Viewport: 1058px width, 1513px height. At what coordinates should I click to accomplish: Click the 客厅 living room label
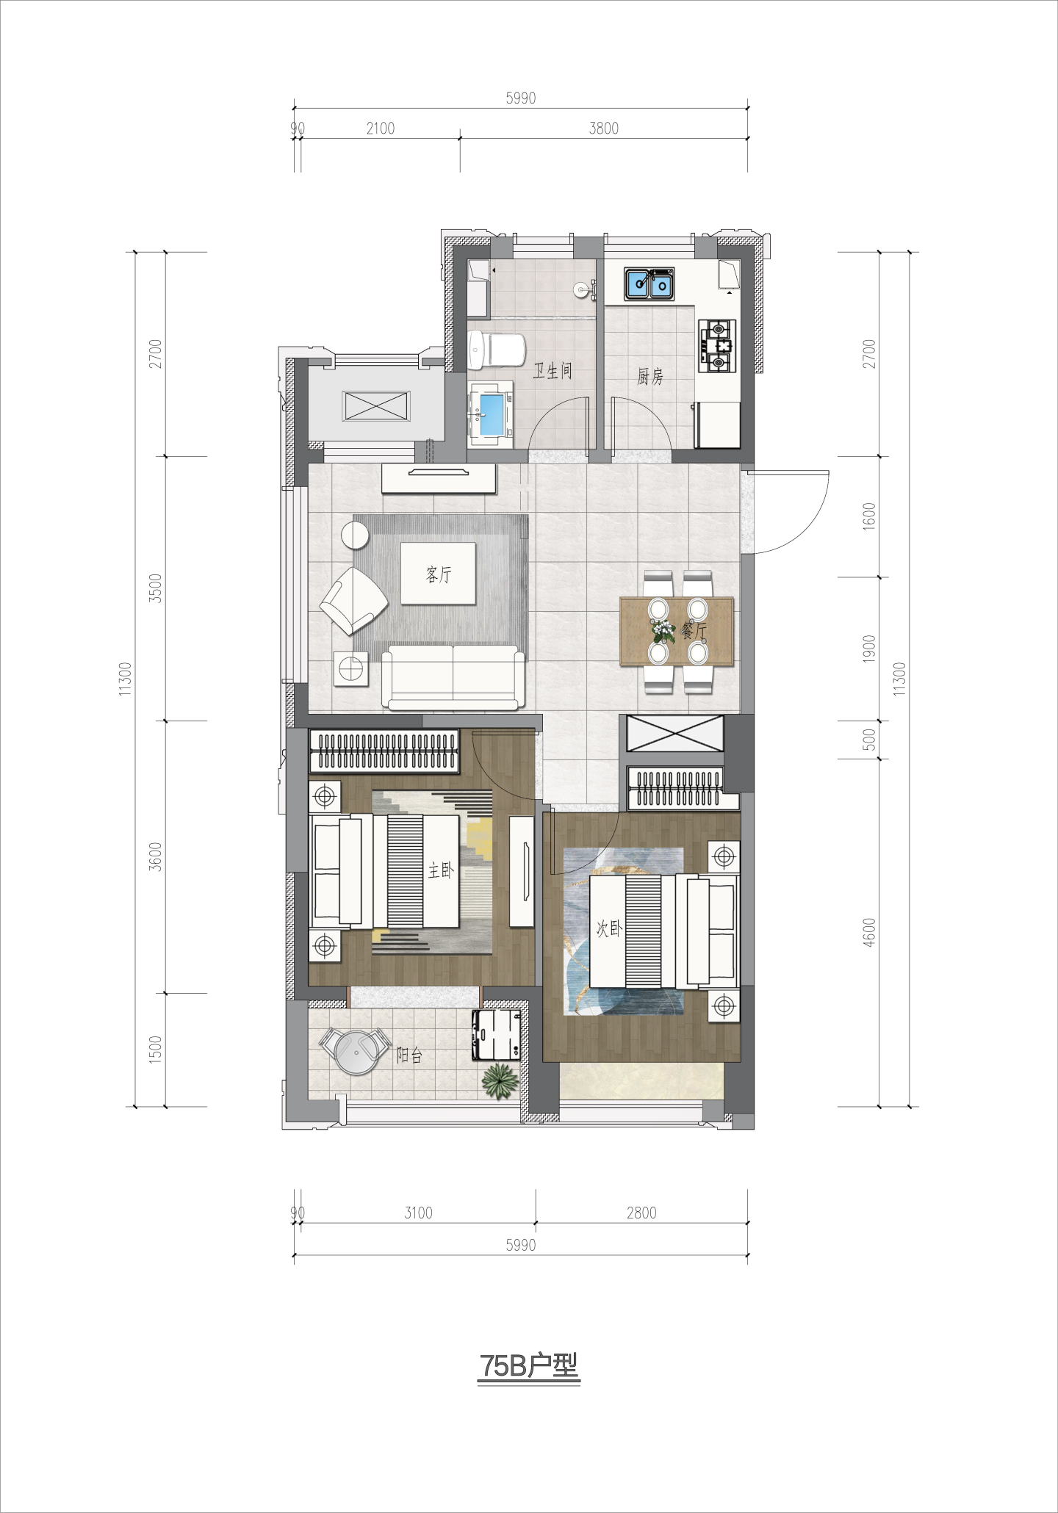point(439,574)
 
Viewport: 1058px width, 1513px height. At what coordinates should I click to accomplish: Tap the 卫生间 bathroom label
point(553,371)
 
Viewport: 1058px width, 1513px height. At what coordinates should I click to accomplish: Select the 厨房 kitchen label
point(650,377)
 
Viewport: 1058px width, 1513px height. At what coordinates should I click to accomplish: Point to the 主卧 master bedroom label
point(442,871)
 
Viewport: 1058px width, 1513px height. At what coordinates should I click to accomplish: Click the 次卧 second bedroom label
point(609,928)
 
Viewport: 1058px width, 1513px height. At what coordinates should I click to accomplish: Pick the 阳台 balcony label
point(409,1055)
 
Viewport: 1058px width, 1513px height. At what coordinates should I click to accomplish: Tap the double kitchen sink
point(649,284)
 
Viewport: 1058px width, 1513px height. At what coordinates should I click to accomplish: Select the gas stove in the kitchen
point(717,345)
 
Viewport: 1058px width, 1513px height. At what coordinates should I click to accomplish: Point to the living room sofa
point(454,677)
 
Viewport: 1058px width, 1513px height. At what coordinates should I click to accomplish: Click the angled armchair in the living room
point(353,600)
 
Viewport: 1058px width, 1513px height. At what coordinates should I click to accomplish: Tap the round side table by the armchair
point(356,535)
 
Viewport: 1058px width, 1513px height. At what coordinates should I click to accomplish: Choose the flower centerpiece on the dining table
point(663,630)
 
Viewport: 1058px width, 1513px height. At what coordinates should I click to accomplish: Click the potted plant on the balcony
point(498,1080)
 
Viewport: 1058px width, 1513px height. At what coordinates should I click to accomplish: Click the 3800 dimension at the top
point(604,129)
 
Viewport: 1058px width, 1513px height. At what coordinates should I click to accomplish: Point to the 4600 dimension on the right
point(870,933)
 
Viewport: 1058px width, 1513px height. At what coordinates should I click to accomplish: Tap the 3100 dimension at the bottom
point(419,1213)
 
